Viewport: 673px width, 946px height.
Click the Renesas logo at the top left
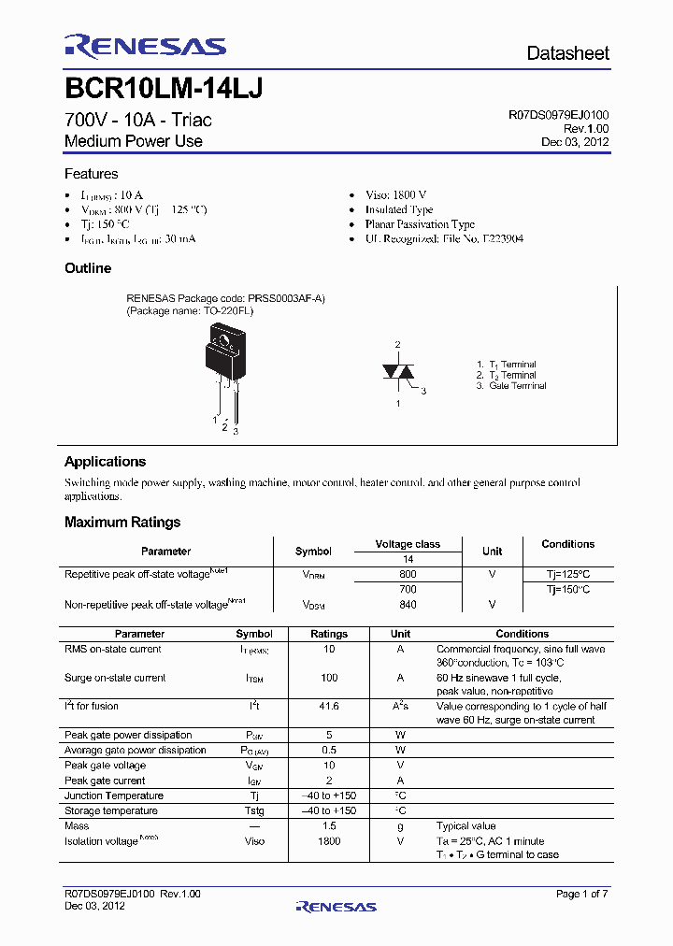(x=145, y=46)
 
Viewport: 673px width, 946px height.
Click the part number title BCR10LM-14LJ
(x=164, y=89)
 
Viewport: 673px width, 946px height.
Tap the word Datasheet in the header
(x=567, y=53)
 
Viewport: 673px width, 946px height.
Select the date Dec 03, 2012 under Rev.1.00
(x=575, y=142)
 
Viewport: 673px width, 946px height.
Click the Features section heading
(x=91, y=174)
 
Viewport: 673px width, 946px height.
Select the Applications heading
(x=105, y=462)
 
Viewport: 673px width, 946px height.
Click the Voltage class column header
(x=407, y=544)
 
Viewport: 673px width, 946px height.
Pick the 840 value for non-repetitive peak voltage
(x=408, y=605)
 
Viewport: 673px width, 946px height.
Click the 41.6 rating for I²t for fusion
(x=328, y=707)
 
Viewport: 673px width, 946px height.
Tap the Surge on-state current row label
(x=115, y=678)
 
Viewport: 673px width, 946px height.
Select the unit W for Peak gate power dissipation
(x=400, y=736)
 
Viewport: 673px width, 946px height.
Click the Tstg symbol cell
(x=254, y=811)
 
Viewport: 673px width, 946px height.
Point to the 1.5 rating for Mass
(x=328, y=826)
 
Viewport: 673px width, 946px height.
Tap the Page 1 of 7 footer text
(x=581, y=895)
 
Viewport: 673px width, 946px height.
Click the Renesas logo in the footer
(x=336, y=907)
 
